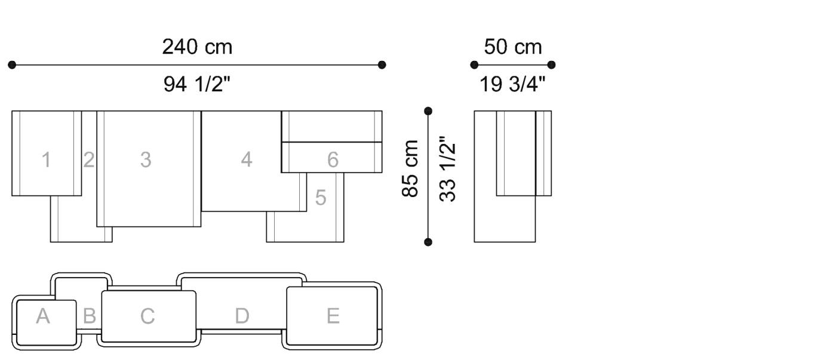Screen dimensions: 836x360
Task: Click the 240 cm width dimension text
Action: click(197, 47)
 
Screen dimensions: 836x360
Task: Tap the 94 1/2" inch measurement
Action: click(197, 84)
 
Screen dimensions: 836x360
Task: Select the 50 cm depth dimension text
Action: click(513, 47)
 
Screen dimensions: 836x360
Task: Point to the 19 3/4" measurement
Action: click(512, 84)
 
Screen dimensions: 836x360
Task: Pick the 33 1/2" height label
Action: click(447, 169)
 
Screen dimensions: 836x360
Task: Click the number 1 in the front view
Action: click(47, 159)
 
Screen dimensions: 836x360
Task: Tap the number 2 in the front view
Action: click(89, 159)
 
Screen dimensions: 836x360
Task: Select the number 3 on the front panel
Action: click(146, 159)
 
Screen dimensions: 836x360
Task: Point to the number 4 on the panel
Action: click(247, 159)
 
